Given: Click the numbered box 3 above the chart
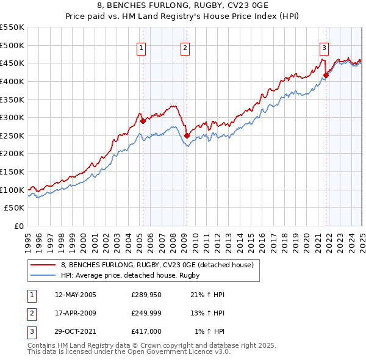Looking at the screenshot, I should (324, 48).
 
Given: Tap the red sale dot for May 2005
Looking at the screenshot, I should (143, 121).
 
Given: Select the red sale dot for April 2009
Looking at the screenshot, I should (187, 135).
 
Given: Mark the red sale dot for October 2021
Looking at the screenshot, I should (326, 75).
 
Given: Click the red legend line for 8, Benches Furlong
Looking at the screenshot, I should (43, 265).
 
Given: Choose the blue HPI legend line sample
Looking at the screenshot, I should (43, 275).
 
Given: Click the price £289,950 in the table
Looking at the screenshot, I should (146, 295).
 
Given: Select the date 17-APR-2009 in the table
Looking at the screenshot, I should (76, 313).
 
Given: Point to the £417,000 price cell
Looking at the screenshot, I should (146, 331).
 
